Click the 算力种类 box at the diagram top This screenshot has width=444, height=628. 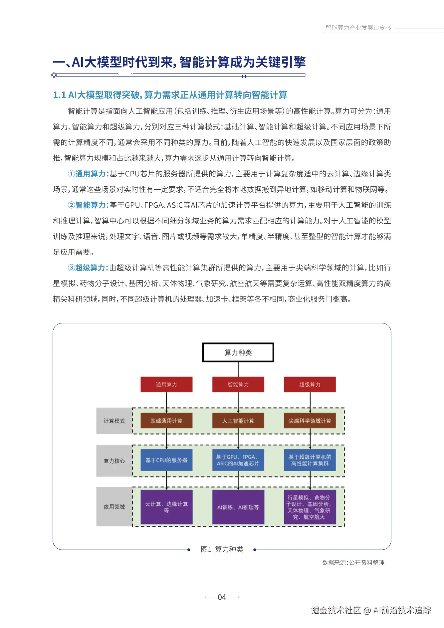pos(238,352)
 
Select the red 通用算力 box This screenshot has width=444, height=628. pos(166,384)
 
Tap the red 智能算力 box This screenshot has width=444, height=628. pos(238,384)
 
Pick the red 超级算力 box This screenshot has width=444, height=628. pos(310,384)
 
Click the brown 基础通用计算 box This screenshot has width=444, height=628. pos(166,421)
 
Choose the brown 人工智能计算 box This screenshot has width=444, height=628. pos(238,421)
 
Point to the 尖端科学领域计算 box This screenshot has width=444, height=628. pos(310,421)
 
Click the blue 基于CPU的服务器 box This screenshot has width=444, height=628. pos(166,460)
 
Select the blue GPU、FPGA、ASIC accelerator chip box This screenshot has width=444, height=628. pos(238,460)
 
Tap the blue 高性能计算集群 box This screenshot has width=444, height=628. pos(310,460)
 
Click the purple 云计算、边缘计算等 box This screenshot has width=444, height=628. pos(166,507)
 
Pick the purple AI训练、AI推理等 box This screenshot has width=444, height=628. pos(238,507)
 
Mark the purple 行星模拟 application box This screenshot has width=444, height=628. pos(310,507)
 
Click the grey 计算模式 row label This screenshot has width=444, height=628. pos(114,421)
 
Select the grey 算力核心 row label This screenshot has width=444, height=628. pos(114,461)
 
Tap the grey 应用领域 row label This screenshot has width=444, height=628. pos(114,507)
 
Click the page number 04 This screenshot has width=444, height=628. pos(222,597)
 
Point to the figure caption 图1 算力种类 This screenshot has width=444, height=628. pos(222,549)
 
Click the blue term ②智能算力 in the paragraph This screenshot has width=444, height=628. pos(88,205)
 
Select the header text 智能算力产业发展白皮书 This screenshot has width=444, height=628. pos(358,28)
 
